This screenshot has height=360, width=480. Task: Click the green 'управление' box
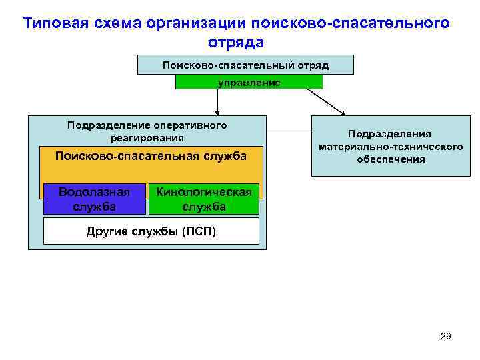249,82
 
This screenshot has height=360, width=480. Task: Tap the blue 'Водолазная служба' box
94,199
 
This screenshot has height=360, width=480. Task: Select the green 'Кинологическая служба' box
203,199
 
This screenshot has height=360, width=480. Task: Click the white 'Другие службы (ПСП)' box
151,231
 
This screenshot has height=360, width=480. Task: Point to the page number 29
446,336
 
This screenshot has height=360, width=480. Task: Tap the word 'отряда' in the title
236,42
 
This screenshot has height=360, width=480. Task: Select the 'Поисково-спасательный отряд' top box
245,65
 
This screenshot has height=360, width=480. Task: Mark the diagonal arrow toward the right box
327,102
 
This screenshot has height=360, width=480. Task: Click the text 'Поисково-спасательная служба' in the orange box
151,155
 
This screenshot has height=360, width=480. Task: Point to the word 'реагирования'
147,138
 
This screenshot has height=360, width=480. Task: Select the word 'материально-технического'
390,147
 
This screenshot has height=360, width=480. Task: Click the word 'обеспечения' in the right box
390,159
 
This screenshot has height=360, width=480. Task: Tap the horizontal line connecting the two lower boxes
289,130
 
